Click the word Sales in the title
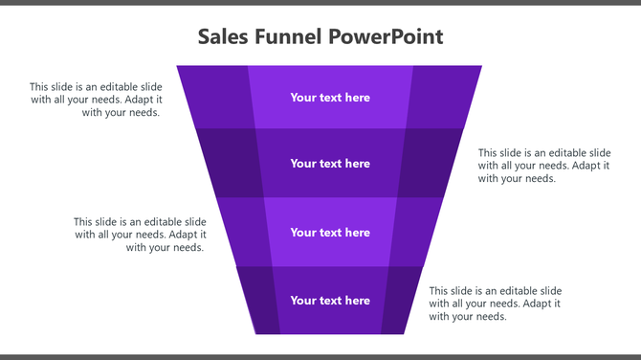click(x=222, y=36)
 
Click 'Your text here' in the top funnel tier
click(x=330, y=98)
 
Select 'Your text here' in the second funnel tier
click(x=330, y=164)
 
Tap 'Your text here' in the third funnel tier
click(x=330, y=233)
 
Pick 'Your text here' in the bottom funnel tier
click(x=330, y=301)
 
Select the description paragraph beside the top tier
click(x=96, y=99)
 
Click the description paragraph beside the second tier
click(x=544, y=166)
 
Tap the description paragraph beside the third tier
click(x=140, y=235)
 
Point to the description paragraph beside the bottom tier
click(x=495, y=304)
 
